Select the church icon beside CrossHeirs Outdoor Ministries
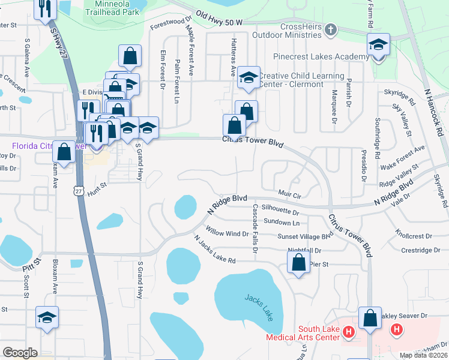(x=330, y=29)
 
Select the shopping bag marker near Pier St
(x=298, y=262)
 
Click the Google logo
(x=20, y=353)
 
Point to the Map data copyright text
(x=424, y=355)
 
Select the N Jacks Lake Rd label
(x=214, y=248)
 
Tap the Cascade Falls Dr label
(x=255, y=229)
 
